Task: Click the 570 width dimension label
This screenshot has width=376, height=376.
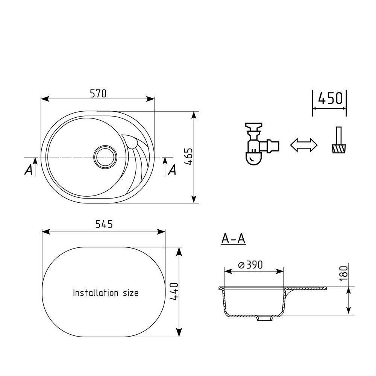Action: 98,93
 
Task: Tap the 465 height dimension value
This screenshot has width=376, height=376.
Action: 189,156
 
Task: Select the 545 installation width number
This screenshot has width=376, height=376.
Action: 104,224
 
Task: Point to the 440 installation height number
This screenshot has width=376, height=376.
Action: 174,292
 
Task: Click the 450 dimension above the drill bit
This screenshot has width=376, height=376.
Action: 330,98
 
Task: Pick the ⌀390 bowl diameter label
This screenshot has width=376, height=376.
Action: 250,265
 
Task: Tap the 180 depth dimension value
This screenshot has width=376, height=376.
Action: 344,273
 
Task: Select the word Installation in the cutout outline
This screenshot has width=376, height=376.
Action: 96,293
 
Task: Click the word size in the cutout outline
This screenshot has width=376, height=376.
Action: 131,293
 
